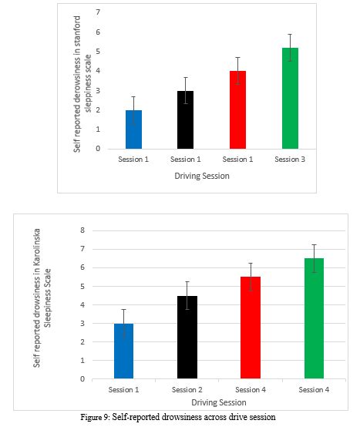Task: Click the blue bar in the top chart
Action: pyautogui.click(x=133, y=129)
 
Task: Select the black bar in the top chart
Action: pyautogui.click(x=186, y=120)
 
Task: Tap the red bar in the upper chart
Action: pyautogui.click(x=237, y=110)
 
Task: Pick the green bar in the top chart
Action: pyautogui.click(x=289, y=99)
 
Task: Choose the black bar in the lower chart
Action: pyautogui.click(x=187, y=338)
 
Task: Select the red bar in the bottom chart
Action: pyautogui.click(x=250, y=328)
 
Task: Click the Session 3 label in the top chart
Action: pyautogui.click(x=289, y=160)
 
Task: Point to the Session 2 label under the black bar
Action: pyautogui.click(x=187, y=390)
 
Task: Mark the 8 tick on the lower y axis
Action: pyautogui.click(x=81, y=230)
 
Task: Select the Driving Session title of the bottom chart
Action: pyautogui.click(x=218, y=402)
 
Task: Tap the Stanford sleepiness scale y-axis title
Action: pyautogui.click(x=82, y=81)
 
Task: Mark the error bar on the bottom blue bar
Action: pyautogui.click(x=125, y=322)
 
